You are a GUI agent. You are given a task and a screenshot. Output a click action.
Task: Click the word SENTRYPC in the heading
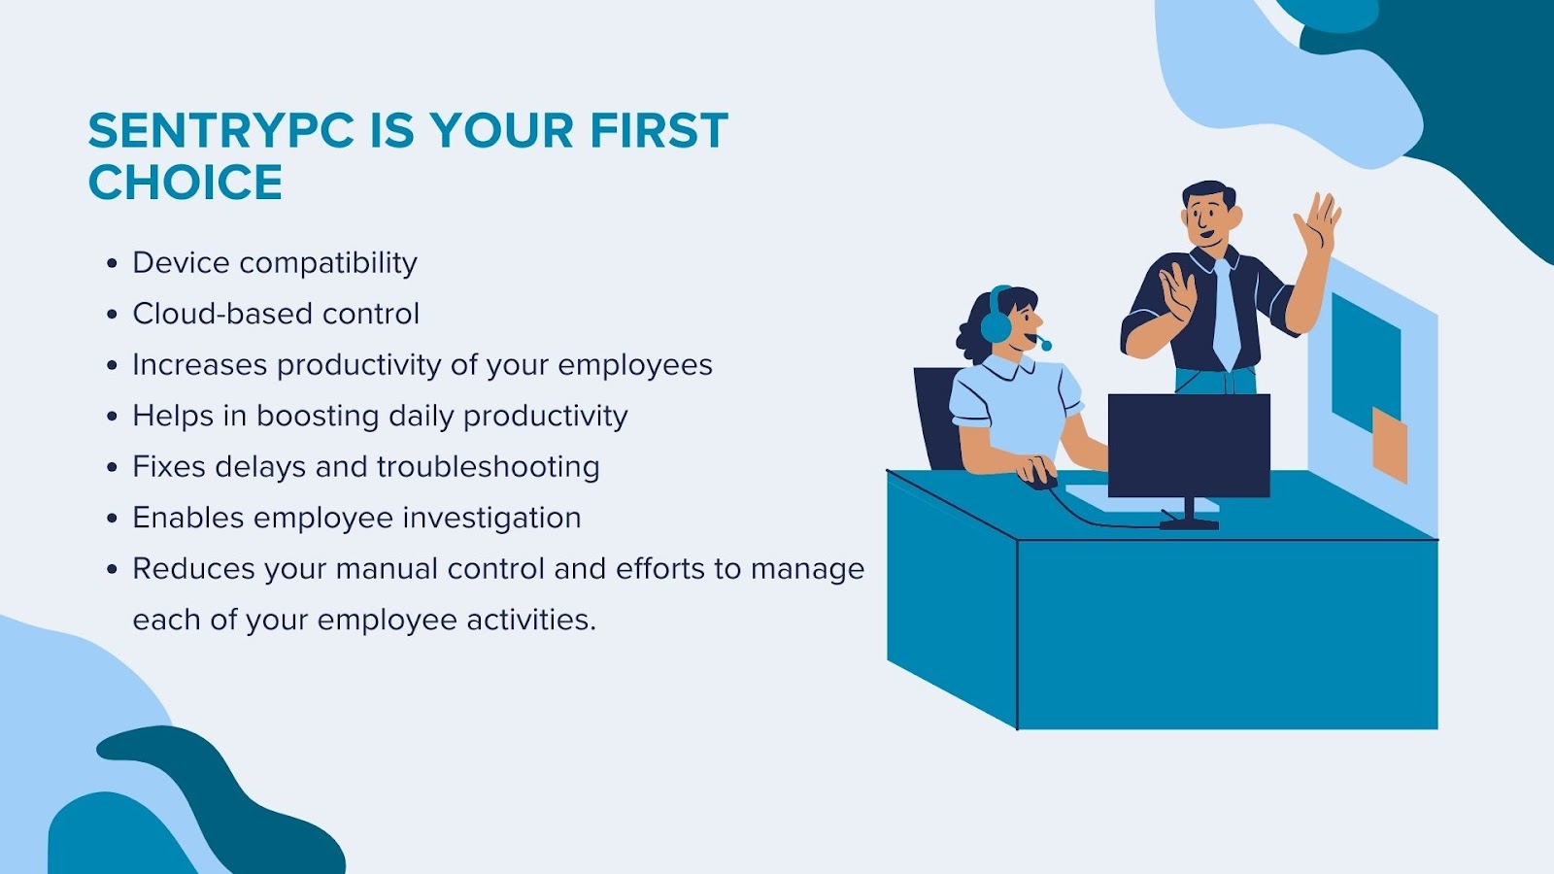221,130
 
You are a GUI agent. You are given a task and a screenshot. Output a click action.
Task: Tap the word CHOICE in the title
186,183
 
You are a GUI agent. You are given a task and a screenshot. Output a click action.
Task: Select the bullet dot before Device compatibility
113,263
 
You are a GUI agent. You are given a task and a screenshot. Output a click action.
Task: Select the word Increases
200,365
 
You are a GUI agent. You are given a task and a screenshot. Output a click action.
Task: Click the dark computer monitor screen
1189,446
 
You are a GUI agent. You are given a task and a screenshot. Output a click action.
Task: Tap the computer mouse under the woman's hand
1041,480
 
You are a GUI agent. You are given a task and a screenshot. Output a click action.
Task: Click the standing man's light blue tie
1226,315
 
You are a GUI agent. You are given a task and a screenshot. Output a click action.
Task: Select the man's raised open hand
1317,223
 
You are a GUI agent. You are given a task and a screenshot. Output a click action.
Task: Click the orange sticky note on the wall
1390,445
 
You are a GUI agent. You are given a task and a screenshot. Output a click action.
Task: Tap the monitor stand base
1189,523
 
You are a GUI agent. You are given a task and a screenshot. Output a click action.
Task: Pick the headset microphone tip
1046,345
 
